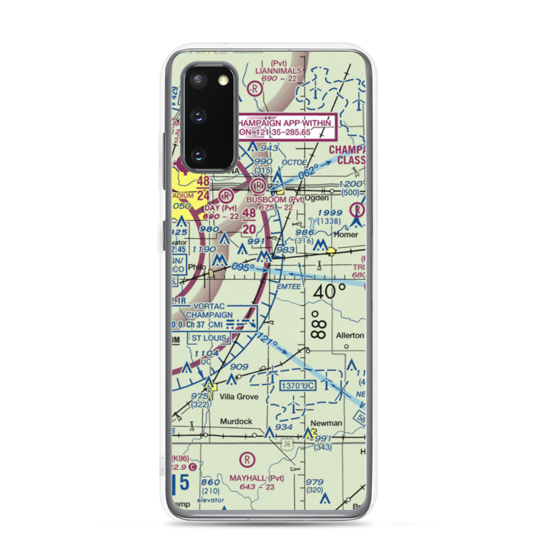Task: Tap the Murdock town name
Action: (236, 421)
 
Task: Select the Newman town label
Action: (326, 423)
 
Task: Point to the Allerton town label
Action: (350, 335)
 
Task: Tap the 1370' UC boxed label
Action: (297, 386)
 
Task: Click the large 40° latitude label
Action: (330, 292)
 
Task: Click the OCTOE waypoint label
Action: (294, 162)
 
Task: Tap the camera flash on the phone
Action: (223, 81)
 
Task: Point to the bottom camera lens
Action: (198, 155)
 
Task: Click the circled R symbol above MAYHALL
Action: (247, 459)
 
